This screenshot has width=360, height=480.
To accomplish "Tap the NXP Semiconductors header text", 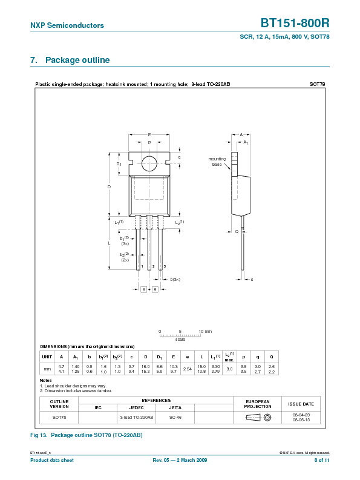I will click(x=67, y=25).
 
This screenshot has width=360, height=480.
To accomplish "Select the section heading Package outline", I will click(x=77, y=61).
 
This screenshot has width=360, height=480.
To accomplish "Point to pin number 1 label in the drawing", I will click(x=142, y=266).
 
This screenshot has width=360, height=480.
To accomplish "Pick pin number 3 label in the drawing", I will click(x=165, y=266).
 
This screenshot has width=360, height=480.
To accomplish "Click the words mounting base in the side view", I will click(x=217, y=162).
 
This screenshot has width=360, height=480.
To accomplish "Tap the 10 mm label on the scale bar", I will click(x=205, y=332).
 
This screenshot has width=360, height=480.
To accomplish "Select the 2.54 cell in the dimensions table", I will click(x=188, y=369).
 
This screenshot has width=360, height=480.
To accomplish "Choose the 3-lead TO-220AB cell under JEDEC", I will click(x=136, y=418).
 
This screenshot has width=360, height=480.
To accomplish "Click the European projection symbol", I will click(x=257, y=418).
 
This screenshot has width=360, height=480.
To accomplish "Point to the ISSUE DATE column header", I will click(x=301, y=404).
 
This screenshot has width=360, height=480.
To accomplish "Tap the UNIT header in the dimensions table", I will click(x=47, y=357).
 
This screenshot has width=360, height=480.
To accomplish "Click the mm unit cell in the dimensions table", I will click(x=47, y=369).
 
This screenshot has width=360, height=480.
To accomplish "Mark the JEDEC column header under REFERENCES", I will click(x=136, y=408).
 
